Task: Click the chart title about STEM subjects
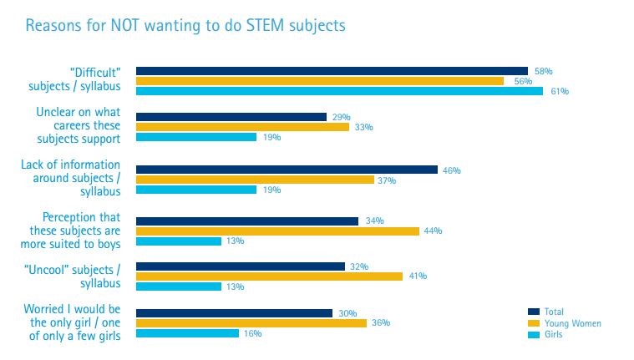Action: click(x=185, y=26)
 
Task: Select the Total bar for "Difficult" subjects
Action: click(x=332, y=71)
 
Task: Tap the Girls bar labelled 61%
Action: click(x=339, y=91)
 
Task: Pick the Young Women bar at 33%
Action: click(x=242, y=127)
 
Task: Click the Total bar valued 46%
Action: click(x=287, y=170)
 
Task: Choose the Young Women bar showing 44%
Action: click(x=277, y=231)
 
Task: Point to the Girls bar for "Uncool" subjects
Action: click(x=178, y=286)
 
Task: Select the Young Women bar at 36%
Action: click(x=251, y=322)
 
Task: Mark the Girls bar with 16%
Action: click(x=187, y=333)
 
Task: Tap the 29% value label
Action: click(x=340, y=117)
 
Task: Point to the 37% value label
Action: click(x=388, y=180)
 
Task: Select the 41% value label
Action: click(x=417, y=276)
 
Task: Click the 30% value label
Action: click(x=347, y=313)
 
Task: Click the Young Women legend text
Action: click(x=572, y=323)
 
